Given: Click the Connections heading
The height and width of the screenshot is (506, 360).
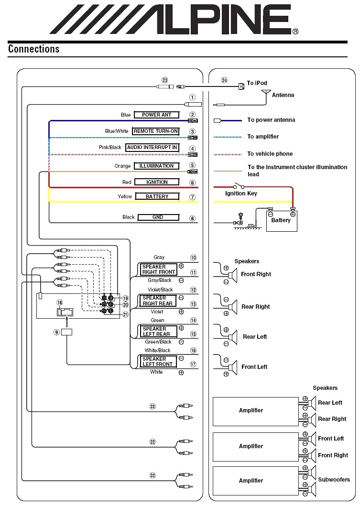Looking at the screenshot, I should click(33, 49).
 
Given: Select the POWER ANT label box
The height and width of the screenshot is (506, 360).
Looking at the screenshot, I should click(156, 115).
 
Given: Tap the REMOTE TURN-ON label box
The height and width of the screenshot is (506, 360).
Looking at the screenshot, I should click(155, 131).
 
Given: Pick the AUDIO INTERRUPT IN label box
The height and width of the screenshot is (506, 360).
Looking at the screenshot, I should click(152, 148).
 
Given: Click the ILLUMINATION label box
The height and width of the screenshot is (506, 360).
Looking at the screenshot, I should click(156, 166).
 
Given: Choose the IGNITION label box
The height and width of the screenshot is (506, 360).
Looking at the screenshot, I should click(156, 182).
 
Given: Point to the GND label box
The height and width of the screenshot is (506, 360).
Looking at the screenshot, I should click(158, 217).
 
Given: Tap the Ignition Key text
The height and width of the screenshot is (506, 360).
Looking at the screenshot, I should click(241, 194).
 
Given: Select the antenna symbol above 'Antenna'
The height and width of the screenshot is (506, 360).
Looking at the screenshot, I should click(268, 91).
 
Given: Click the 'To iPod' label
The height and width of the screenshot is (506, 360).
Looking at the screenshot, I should click(257, 83).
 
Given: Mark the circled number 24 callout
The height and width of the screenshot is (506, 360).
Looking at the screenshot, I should click(224, 80).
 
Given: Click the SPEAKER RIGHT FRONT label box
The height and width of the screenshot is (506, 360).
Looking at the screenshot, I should click(158, 269).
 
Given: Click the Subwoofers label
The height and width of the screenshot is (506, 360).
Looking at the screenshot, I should click(334, 479).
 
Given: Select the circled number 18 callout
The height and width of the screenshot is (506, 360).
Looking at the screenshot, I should click(59, 302).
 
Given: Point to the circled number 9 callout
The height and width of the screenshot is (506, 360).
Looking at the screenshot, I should click(56, 332).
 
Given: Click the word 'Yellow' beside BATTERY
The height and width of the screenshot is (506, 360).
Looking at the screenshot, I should click(125, 196).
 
